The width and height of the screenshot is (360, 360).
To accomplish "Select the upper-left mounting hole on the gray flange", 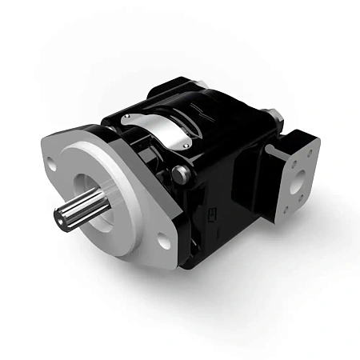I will tap(52, 166).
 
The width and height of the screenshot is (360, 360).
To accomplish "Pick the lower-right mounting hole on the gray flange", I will tap(163, 239).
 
